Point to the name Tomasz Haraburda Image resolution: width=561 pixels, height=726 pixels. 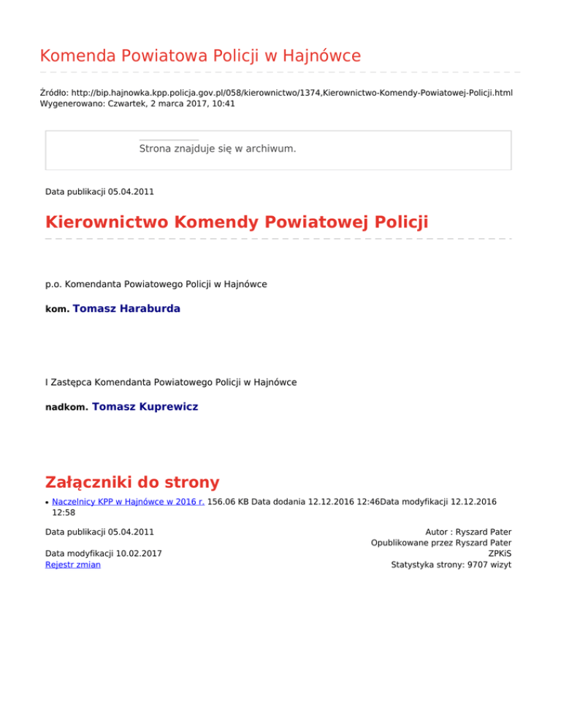(126, 309)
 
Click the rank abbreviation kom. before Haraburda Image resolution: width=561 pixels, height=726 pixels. (57, 310)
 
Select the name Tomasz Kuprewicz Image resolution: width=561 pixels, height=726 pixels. (145, 406)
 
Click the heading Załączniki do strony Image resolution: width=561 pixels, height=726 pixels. (132, 482)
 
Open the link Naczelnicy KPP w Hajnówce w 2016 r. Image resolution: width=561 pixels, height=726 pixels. (129, 502)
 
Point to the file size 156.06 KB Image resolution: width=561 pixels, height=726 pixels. (228, 502)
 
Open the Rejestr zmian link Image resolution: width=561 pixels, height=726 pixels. (73, 565)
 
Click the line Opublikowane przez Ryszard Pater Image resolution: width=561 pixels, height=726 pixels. (440, 543)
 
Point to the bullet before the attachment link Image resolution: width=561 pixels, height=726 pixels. (47, 503)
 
